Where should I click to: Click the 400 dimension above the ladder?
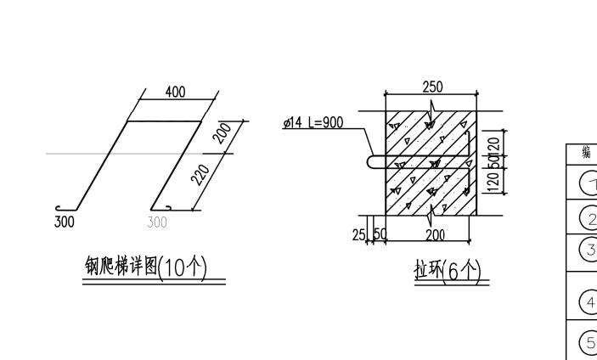pyautogui.click(x=175, y=93)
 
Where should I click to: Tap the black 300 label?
pyautogui.click(x=65, y=222)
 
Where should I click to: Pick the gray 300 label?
pyautogui.click(x=157, y=222)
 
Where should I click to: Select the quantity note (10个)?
pyautogui.click(x=183, y=267)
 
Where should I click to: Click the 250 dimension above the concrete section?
pyautogui.click(x=432, y=87)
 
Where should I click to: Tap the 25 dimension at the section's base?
pyautogui.click(x=358, y=233)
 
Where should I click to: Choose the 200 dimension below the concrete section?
pyautogui.click(x=436, y=233)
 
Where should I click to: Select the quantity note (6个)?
pyautogui.click(x=463, y=271)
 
